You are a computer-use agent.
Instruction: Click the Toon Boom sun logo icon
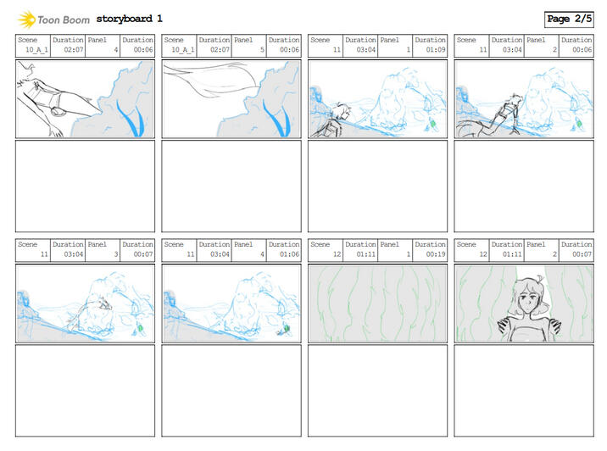point(27,19)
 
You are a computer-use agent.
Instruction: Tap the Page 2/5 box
point(569,19)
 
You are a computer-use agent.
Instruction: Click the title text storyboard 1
point(130,19)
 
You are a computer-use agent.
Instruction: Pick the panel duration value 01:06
point(289,254)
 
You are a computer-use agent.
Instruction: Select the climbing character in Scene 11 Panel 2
point(492,116)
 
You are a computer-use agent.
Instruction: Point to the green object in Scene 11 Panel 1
point(433,124)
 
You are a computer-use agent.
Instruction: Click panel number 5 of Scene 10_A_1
point(262,49)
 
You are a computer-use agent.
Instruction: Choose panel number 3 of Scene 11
point(116,254)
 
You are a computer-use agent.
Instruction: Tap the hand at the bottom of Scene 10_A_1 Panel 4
point(56,131)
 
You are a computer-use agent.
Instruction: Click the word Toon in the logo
point(48,19)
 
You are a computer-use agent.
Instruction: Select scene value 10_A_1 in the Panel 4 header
point(36,49)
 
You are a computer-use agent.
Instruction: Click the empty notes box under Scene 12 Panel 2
point(524,391)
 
